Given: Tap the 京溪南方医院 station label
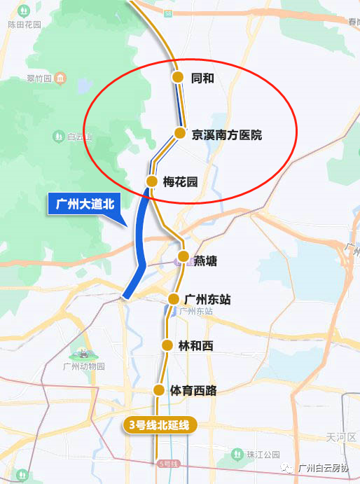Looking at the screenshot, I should coord(227,134).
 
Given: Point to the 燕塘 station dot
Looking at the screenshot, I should coord(183,256).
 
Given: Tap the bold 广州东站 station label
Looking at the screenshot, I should coord(207,299).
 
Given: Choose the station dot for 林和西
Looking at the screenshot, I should coord(167,345).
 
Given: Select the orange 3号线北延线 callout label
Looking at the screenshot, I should coord(158,424).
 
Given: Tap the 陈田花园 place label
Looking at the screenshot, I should coord(25,24).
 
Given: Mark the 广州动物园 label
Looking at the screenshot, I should coord(83,366).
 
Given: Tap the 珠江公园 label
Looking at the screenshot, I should coord(262,455).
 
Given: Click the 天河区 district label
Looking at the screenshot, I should coord(340,437).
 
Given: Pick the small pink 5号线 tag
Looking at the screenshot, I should coord(169,464).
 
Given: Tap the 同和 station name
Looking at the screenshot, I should coord(202,78).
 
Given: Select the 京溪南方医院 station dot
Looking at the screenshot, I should coord(179,133).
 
